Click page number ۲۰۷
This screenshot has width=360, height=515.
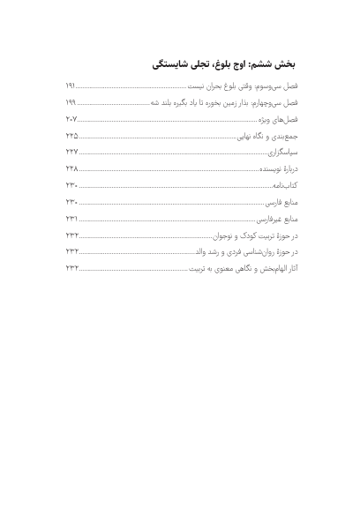tap(71, 119)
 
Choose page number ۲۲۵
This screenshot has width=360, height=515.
tap(71, 136)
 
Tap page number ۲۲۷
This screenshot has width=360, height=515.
tap(71, 153)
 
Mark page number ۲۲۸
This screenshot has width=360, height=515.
tap(71, 168)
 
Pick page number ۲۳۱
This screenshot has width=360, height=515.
tap(71, 218)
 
